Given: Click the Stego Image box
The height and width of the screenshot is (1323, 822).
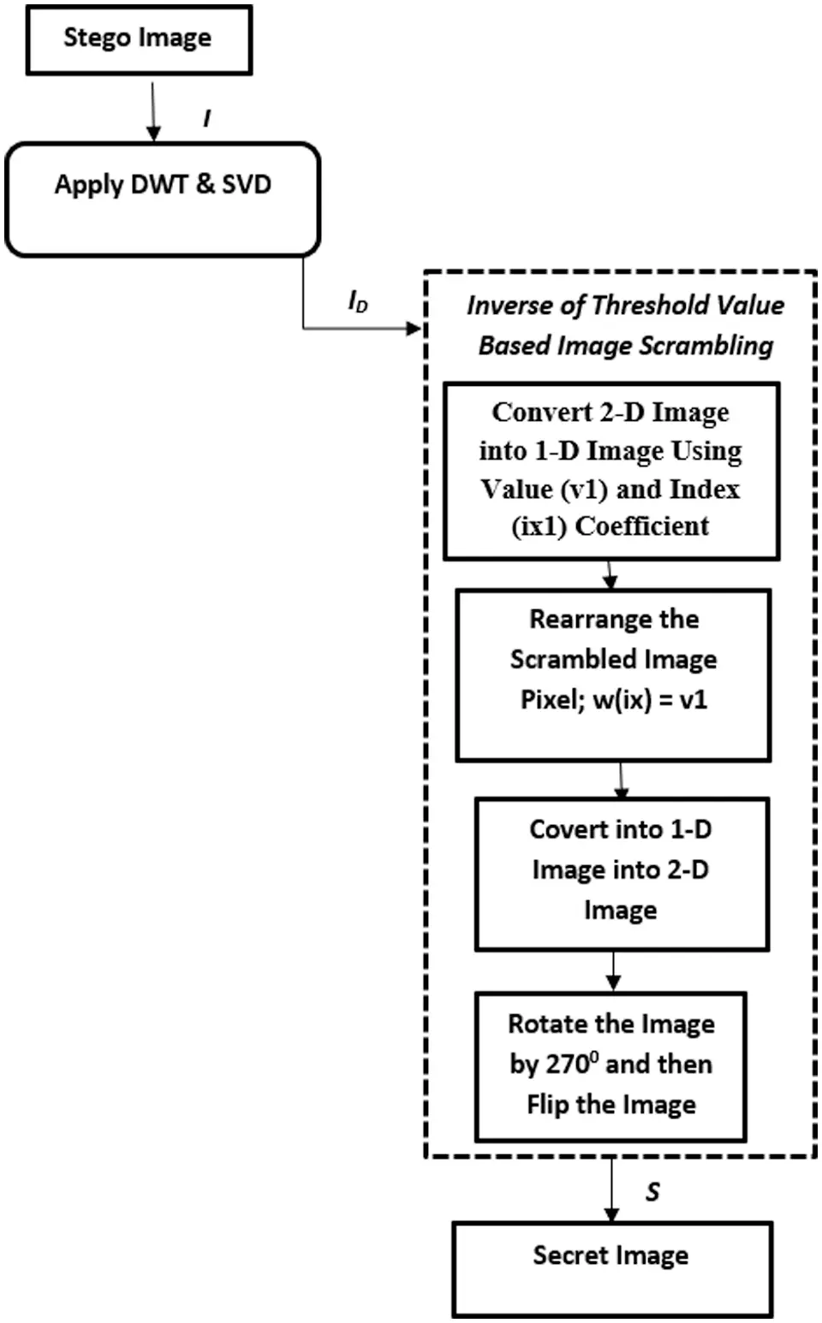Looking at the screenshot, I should (139, 39).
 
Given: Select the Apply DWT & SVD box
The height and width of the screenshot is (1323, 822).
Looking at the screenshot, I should (163, 199).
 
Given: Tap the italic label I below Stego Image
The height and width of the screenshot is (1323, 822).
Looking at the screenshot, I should (206, 118).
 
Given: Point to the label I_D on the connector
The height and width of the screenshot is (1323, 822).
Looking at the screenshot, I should (358, 301).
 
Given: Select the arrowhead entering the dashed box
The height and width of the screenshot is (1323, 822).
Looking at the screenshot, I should (417, 328).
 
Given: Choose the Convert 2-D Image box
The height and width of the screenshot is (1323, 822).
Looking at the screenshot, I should (611, 471).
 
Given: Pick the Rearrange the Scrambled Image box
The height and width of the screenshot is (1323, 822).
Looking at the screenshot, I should (613, 674).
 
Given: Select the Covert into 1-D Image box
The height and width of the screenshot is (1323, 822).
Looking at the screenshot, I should (622, 874).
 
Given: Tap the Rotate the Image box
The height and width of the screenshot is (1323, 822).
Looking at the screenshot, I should (611, 1066).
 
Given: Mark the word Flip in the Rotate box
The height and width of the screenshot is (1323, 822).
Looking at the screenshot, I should (548, 1105).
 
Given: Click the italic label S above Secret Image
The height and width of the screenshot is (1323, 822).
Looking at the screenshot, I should (652, 1191).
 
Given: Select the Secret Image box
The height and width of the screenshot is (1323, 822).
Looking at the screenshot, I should (611, 1268).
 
